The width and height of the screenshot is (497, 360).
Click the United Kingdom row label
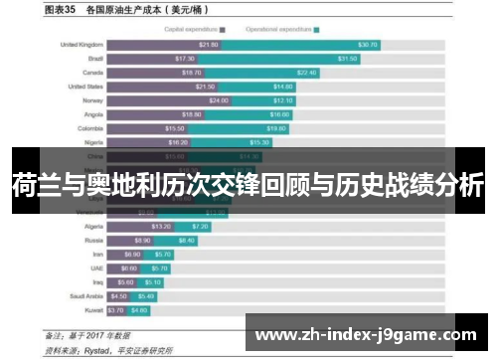(82, 45)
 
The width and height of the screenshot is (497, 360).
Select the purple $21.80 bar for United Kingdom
(164, 45)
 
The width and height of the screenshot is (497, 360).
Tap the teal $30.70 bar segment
(299, 45)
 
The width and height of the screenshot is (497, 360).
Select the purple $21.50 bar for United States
(163, 87)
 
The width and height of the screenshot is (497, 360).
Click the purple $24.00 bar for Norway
(170, 100)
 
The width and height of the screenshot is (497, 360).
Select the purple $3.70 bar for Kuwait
(116, 309)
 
